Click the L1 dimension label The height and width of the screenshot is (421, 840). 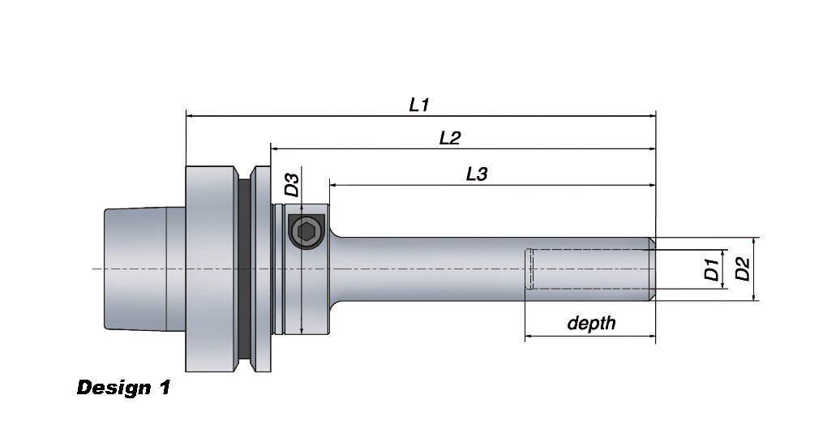coord(418,105)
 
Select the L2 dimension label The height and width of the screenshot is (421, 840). coord(449,138)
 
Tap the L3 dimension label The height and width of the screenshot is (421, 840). coord(476,174)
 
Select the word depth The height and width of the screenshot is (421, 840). coord(591,324)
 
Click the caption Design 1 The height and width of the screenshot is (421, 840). coord(123,388)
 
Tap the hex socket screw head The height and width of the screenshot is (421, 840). coord(306,233)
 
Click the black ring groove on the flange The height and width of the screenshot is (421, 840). coord(243,268)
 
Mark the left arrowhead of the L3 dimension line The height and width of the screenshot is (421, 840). coord(333,185)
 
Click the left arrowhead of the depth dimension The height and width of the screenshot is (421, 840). coord(529,335)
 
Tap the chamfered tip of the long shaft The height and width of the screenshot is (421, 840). coord(651,268)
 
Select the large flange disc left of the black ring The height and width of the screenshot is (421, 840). coord(211,268)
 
